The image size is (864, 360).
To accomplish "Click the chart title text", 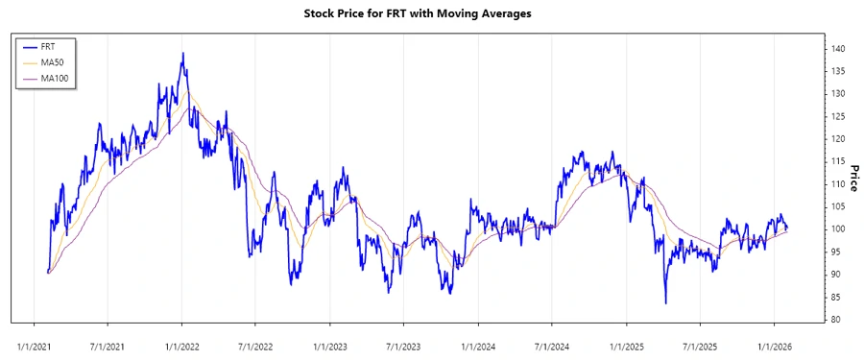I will tap(431, 14).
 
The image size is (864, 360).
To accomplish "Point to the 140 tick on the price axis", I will tap(838, 48).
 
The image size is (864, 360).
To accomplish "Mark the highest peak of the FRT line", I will tap(182, 54).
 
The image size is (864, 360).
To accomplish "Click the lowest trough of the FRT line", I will tap(665, 303).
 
